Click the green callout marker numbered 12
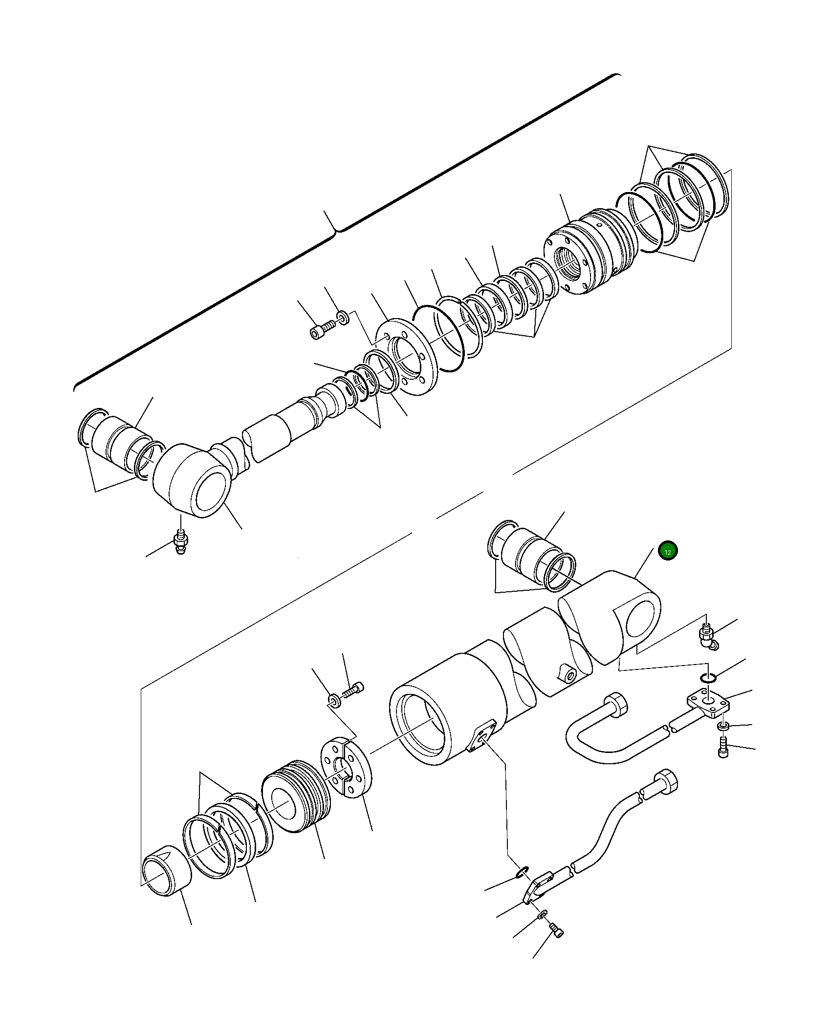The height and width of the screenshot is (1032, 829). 668,551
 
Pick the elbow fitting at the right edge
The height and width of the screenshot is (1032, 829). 708,637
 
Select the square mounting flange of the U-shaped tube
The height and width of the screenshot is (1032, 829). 708,704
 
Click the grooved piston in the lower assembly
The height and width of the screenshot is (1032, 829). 296,796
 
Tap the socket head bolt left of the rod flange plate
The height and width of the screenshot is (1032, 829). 323,329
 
